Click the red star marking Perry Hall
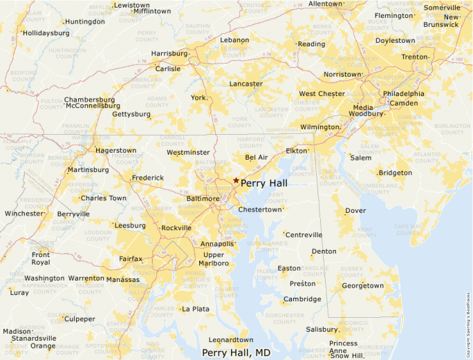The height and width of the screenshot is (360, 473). tap(236, 180)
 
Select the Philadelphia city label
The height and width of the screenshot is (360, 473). tap(404, 93)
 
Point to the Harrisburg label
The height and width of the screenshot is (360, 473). tap(169, 53)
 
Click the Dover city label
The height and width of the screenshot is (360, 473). tap(355, 210)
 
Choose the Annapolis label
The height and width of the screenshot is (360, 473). tap(216, 244)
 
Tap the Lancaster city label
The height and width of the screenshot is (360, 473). tap(246, 84)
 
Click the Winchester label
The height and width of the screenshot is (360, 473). tap(24, 214)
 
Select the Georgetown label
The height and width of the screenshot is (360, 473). tap(362, 285)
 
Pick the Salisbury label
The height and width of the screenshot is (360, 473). tap(322, 330)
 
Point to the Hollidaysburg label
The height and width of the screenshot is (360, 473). tap(46, 32)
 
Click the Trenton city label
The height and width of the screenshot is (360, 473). tap(415, 57)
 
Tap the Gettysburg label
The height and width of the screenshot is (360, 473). tap(131, 114)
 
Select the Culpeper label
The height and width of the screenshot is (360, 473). tap(80, 319)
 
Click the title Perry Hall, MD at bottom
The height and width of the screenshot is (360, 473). tap(236, 352)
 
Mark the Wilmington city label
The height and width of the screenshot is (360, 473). tap(319, 127)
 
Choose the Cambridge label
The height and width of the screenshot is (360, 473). tap(302, 299)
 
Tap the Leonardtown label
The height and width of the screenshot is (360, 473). tap(231, 340)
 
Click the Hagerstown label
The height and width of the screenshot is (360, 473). tap(115, 150)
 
